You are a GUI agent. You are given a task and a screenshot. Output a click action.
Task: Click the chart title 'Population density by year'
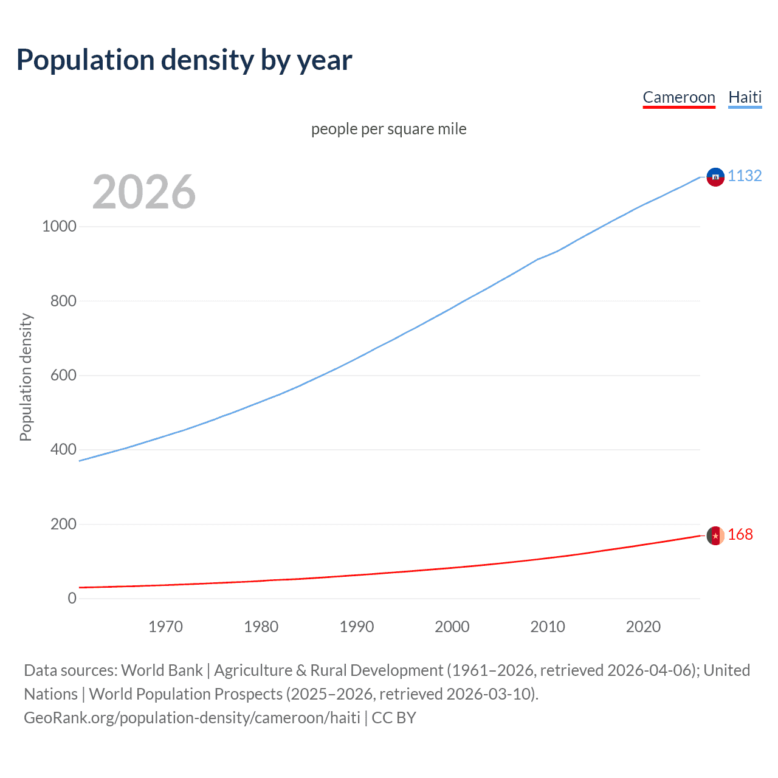[x=184, y=60]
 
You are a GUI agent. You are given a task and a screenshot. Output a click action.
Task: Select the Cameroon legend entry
[x=679, y=97]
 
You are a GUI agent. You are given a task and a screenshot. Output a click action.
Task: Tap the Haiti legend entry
[x=745, y=97]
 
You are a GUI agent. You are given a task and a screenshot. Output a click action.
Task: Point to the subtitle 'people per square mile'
[x=388, y=129]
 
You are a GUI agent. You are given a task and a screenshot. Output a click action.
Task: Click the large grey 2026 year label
[x=144, y=192]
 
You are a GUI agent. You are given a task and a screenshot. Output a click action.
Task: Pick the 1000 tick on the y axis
[x=59, y=227]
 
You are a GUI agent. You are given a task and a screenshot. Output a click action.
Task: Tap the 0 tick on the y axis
[x=72, y=598]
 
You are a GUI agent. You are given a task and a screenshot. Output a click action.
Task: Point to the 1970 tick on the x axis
[x=165, y=627]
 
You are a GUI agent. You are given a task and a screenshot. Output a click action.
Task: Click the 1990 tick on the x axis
[x=357, y=627]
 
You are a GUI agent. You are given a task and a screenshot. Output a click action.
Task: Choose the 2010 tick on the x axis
[x=548, y=627]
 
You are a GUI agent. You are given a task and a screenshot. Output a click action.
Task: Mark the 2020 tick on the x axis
[x=643, y=627]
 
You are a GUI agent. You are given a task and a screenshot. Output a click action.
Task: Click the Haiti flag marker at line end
[x=715, y=177]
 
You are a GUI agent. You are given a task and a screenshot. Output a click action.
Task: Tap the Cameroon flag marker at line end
[x=715, y=535]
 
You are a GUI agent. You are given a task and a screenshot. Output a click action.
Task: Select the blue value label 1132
[x=745, y=176]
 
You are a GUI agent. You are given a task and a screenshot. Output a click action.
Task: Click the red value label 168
[x=740, y=534]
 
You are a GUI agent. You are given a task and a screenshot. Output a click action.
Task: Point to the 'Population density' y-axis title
[x=26, y=377]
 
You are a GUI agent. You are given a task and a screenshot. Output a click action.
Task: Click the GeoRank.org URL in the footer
[x=192, y=718]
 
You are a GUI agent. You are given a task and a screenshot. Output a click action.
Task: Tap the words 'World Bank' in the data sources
[x=162, y=670]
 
